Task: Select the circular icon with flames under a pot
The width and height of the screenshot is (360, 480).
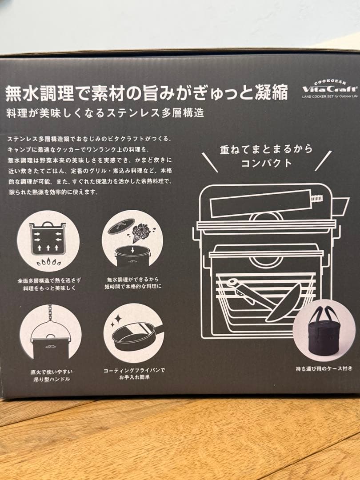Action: coord(48,241)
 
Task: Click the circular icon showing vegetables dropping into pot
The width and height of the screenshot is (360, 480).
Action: coord(132,240)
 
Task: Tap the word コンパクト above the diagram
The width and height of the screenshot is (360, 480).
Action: coord(266,163)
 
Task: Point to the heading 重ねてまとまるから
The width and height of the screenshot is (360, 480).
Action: coord(266,149)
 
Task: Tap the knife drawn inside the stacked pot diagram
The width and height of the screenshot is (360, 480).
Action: coord(244,292)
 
